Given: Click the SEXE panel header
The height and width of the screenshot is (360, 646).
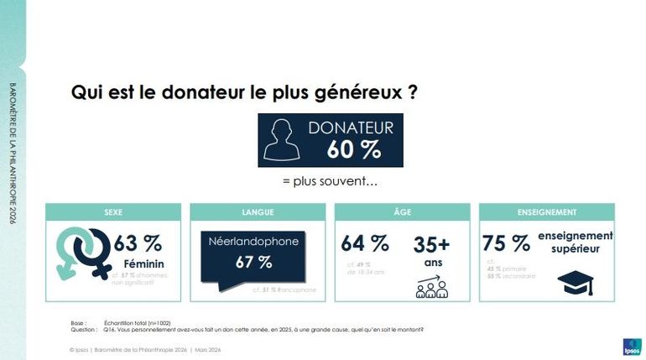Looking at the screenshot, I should (112, 212).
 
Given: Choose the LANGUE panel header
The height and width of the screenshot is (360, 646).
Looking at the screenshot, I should (258, 212).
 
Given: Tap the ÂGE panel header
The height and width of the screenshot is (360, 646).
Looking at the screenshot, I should (402, 212).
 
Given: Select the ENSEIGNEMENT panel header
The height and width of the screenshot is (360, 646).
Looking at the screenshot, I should (546, 212).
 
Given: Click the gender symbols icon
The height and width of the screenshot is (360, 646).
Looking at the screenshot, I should (81, 253).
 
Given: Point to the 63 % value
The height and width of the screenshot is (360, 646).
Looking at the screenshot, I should (138, 243).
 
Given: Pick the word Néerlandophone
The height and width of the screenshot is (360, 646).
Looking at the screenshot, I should (253, 242).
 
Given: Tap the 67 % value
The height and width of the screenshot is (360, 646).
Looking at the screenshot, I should (253, 262).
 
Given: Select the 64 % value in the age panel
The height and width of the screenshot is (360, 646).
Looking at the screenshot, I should (365, 243).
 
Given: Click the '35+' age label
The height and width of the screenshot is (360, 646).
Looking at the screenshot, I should (431, 244).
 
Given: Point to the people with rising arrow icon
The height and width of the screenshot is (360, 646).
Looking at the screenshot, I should (431, 285).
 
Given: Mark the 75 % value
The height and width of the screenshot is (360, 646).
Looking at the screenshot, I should (506, 243).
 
